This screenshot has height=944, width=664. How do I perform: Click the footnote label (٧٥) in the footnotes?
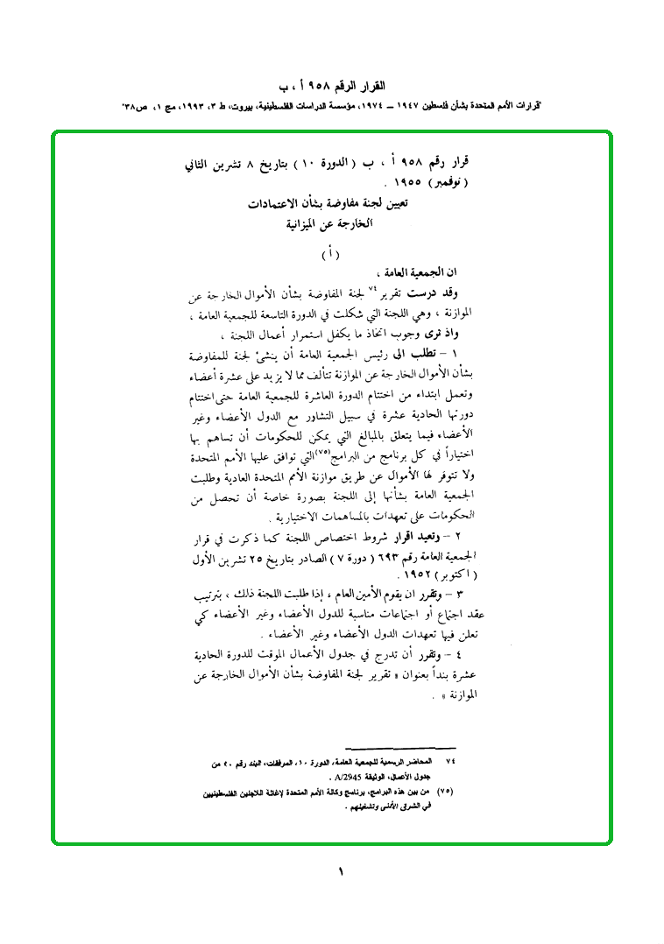pos(449,790)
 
